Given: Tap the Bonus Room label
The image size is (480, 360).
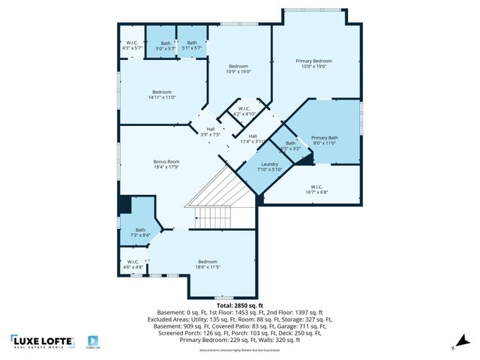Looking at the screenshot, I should click(x=166, y=162).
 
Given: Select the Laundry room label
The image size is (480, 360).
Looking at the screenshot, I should click(x=270, y=164).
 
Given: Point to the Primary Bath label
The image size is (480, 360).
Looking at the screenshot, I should click(x=325, y=138).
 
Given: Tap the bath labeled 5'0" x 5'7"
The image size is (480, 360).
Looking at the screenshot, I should click(x=166, y=49).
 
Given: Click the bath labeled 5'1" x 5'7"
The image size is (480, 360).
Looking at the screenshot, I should click(x=192, y=49).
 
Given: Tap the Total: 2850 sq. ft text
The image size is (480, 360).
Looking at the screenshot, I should click(x=240, y=306).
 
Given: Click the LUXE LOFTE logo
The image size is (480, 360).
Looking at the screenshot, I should click(x=43, y=341).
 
